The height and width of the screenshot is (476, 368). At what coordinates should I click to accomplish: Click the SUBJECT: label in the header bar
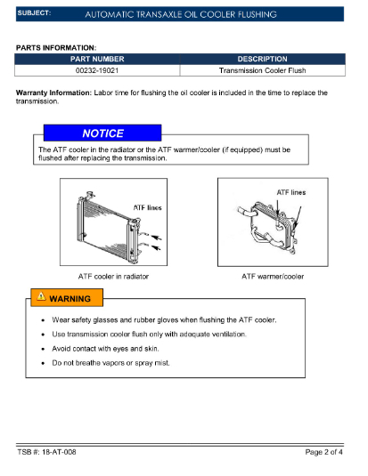34,13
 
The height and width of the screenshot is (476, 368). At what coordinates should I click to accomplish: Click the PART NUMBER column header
97,59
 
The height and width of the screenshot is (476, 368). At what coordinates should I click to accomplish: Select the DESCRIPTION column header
263,59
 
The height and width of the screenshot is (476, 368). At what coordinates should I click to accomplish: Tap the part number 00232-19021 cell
97,70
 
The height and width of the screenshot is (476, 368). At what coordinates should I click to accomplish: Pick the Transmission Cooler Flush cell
263,70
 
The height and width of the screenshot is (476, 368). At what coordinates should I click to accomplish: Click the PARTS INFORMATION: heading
56,48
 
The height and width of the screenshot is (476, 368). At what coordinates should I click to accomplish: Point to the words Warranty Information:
53,93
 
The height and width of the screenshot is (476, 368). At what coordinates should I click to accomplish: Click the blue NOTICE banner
102,133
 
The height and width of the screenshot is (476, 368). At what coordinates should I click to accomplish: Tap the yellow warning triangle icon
41,296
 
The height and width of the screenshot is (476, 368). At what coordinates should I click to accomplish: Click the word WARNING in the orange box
70,299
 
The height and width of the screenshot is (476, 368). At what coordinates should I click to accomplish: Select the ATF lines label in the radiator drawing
148,207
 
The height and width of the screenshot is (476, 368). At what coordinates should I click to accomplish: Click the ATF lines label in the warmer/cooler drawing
291,192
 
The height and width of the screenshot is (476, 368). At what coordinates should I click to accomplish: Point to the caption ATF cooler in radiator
113,276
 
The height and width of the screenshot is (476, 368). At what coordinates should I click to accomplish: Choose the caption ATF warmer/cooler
273,276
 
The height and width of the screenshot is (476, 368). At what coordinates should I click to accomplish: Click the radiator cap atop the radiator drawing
90,194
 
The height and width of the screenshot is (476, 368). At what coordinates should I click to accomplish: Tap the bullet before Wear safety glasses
43,320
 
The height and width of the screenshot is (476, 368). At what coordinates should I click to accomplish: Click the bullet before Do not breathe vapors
43,363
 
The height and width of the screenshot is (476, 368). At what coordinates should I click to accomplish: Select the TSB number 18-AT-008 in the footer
59,452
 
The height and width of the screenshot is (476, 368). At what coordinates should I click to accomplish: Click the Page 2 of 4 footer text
324,452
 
